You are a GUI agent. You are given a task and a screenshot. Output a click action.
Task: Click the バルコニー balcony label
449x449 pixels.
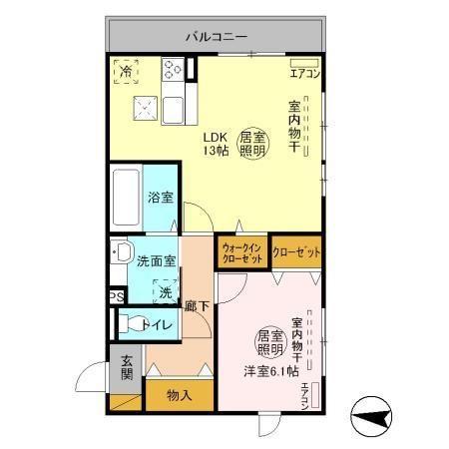pos(215,37)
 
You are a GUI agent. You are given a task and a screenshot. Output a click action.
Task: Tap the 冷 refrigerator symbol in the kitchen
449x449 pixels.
pos(126,71)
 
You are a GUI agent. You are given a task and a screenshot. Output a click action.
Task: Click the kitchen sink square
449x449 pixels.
pos(147,108)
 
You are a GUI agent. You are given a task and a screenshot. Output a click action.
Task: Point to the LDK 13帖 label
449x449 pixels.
pos(217,144)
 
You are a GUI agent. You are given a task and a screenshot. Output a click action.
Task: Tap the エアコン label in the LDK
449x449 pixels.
pos(304,73)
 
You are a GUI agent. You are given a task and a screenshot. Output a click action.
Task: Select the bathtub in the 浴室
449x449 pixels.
pos(126,199)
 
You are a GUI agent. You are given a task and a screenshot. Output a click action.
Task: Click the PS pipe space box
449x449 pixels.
pos(117,296)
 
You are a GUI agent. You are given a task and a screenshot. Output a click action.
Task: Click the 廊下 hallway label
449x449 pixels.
pos(196,306)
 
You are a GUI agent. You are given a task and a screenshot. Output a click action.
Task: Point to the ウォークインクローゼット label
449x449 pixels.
pos(241,252)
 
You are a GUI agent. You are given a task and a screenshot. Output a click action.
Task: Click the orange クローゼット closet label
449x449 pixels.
pos(296,252)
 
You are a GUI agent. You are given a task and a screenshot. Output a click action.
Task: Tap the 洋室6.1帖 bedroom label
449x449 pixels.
pos(271,371)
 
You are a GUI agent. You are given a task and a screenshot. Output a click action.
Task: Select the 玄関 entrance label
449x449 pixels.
pos(127,368)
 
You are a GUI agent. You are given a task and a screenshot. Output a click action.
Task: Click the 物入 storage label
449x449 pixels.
pos(179,395)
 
